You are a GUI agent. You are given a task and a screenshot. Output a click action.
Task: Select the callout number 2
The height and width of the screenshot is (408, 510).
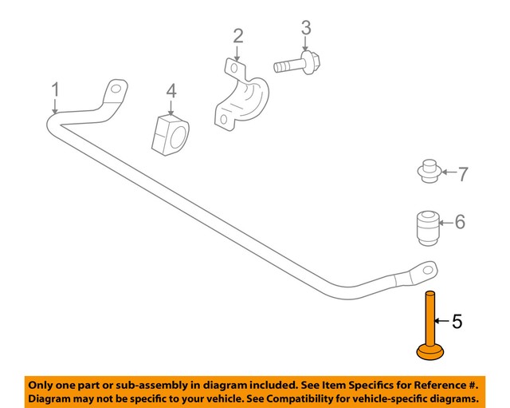[237, 36]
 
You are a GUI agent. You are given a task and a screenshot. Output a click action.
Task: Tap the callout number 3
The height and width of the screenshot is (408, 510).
[305, 29]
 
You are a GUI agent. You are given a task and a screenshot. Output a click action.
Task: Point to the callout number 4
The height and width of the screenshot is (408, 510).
[171, 93]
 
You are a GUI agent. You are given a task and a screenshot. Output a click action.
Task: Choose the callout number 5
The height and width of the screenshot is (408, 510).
[457, 322]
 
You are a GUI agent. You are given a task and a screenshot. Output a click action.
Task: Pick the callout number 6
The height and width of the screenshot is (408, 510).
[460, 223]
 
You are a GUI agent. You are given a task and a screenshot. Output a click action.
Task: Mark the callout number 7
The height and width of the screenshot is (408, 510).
[462, 172]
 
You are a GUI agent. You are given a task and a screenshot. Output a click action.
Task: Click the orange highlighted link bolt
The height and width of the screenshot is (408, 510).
[430, 319]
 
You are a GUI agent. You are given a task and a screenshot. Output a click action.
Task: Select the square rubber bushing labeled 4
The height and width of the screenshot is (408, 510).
[171, 133]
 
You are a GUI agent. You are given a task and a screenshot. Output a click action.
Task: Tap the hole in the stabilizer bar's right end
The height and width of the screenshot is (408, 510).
[427, 269]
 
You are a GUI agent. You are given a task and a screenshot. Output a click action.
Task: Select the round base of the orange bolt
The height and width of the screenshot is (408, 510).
[431, 351]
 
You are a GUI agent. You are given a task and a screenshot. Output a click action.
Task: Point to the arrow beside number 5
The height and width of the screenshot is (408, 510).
[441, 322]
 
